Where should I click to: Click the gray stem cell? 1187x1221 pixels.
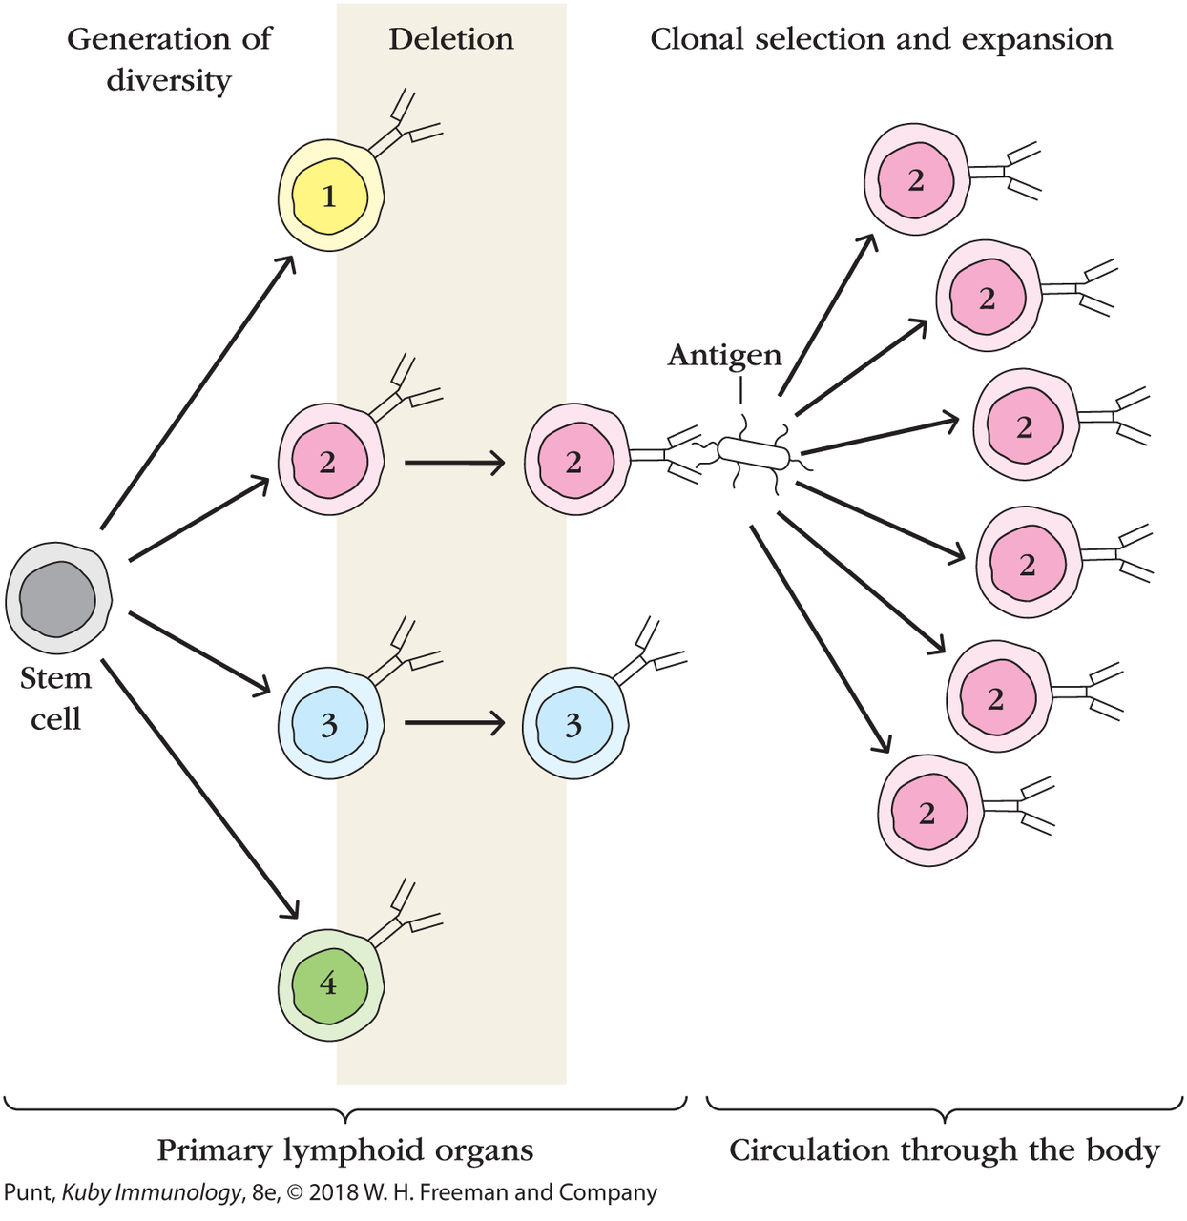[x=58, y=599]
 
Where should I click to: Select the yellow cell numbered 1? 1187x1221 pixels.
[x=330, y=196]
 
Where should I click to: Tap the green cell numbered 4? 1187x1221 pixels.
[x=330, y=983]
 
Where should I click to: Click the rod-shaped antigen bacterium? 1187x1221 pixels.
[x=755, y=453]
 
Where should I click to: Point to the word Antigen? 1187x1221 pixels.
[x=724, y=355]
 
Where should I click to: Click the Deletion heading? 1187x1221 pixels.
[x=450, y=39]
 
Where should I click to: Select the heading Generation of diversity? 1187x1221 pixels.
[x=169, y=58]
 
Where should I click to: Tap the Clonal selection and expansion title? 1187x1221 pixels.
[x=881, y=39]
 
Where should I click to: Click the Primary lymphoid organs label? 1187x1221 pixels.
[x=344, y=1150]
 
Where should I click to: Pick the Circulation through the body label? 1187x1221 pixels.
[x=944, y=1150]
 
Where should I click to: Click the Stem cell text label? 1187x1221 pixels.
[x=55, y=697]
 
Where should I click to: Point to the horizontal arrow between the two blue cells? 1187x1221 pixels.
[x=454, y=723]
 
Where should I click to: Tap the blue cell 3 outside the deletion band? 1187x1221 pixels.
[x=574, y=724]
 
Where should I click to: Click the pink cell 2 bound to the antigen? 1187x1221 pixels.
[x=575, y=462]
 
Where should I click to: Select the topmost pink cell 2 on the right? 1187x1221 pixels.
[x=916, y=178]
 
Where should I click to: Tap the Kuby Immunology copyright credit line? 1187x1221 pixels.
[x=330, y=1192]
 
